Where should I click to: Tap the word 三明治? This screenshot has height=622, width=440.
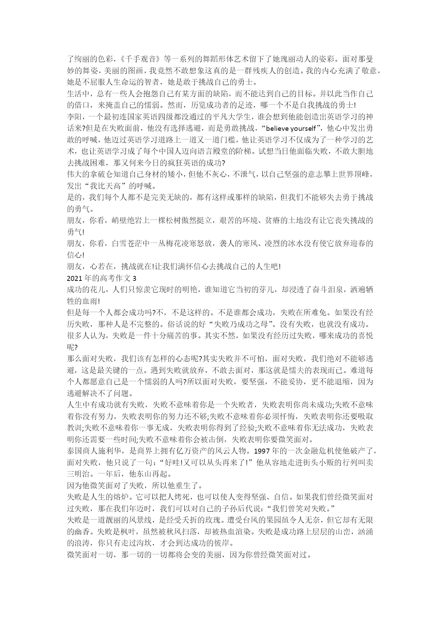[x=78, y=474]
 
